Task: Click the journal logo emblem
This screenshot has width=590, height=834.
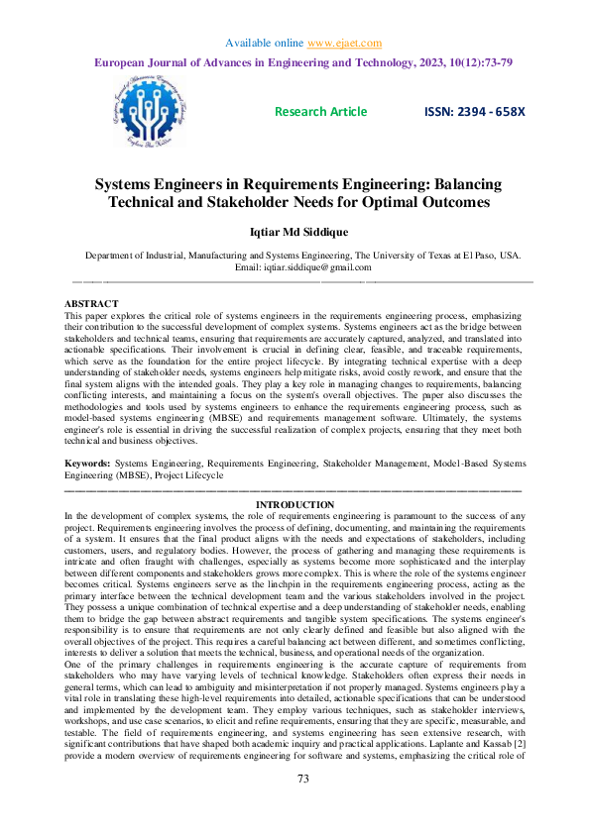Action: (x=155, y=113)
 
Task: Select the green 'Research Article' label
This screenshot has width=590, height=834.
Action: (x=320, y=112)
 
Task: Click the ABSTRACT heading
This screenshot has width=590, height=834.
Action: (x=91, y=302)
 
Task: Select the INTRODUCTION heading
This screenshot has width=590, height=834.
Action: (x=295, y=505)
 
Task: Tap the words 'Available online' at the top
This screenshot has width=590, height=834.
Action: (x=265, y=44)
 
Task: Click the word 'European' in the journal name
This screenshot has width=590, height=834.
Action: (x=123, y=61)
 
